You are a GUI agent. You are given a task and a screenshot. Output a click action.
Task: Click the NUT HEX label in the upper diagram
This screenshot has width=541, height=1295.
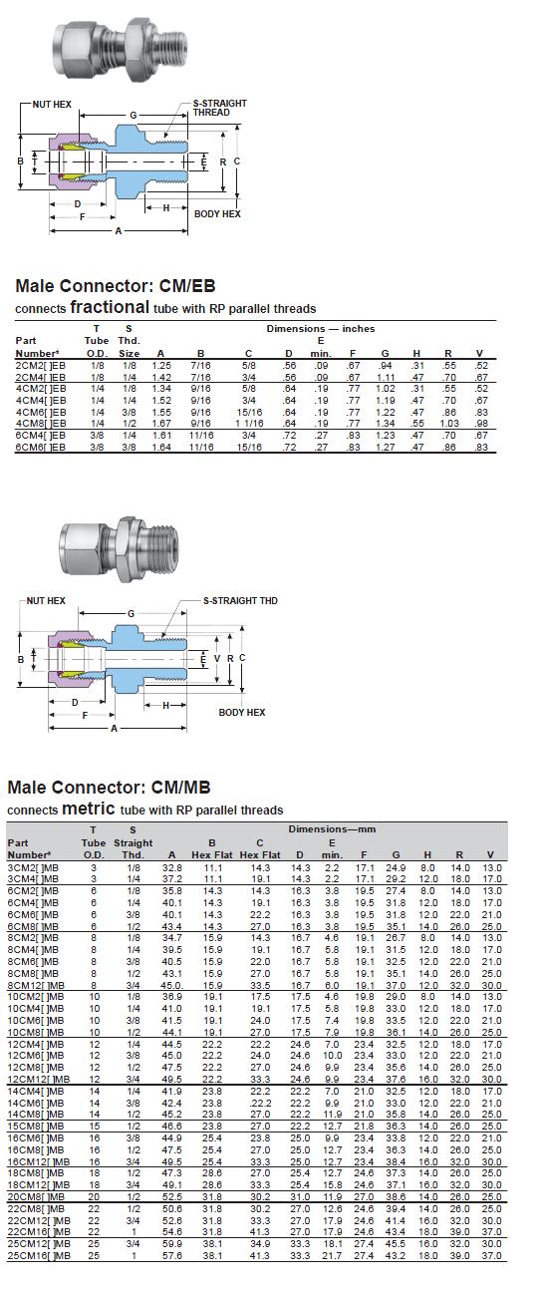pos(52,105)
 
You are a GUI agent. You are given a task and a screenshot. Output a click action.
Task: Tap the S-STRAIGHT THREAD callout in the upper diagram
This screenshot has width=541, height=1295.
pos(219,108)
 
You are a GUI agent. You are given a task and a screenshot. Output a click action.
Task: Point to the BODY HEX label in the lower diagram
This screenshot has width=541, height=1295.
pos(241,712)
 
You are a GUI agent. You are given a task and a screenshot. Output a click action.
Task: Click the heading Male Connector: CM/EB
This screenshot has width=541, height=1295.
pos(115,285)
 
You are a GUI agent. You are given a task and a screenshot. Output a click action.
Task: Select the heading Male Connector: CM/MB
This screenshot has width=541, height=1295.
pos(109,788)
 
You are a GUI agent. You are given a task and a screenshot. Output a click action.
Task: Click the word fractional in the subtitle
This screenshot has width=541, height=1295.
pos(110,306)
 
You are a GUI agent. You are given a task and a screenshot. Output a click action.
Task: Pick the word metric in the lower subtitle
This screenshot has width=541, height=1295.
pos(89,808)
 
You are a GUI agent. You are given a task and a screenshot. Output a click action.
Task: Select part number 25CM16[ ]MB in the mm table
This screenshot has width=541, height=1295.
pos(38,1256)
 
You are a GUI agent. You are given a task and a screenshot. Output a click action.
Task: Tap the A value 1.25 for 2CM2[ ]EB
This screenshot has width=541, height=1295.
pos(161,366)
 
